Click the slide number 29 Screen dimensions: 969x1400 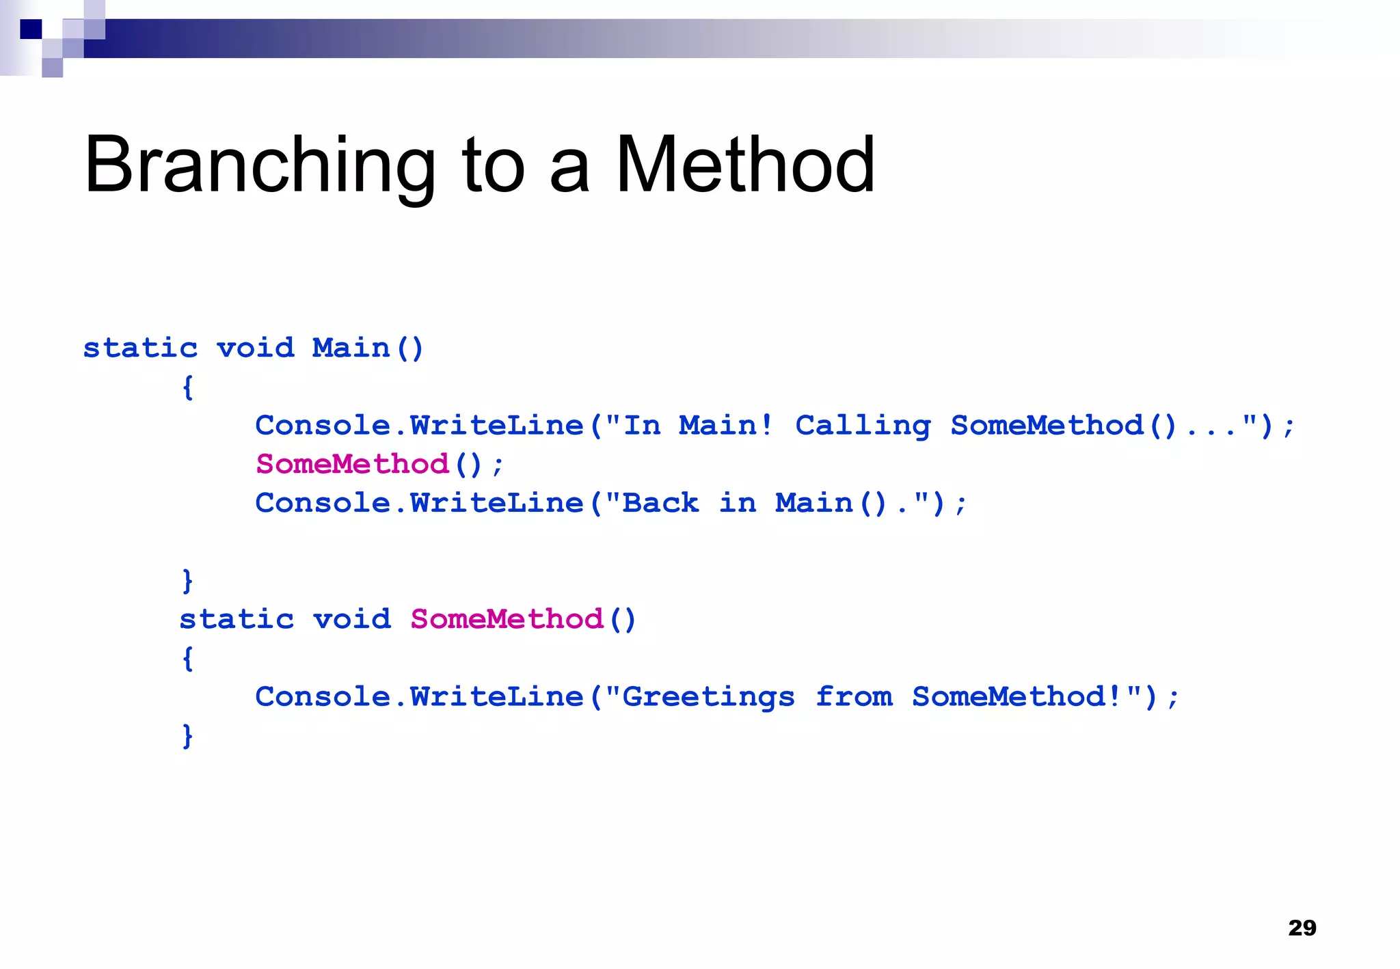1302,927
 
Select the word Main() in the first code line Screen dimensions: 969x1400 368,348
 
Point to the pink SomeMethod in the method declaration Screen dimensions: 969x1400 507,619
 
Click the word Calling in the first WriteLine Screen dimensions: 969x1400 863,426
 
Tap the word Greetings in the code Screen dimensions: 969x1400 708,697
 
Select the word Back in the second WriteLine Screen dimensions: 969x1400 660,504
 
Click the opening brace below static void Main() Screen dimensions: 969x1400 188,387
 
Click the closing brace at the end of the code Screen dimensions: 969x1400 188,736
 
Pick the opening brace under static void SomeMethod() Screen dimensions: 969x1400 188,658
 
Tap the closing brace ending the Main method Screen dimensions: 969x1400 188,581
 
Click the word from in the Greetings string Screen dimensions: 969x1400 854,697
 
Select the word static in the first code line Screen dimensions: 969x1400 140,348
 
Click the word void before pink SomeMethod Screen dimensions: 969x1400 352,619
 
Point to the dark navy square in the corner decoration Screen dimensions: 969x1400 31,29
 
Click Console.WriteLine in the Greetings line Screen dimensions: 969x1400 419,697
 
